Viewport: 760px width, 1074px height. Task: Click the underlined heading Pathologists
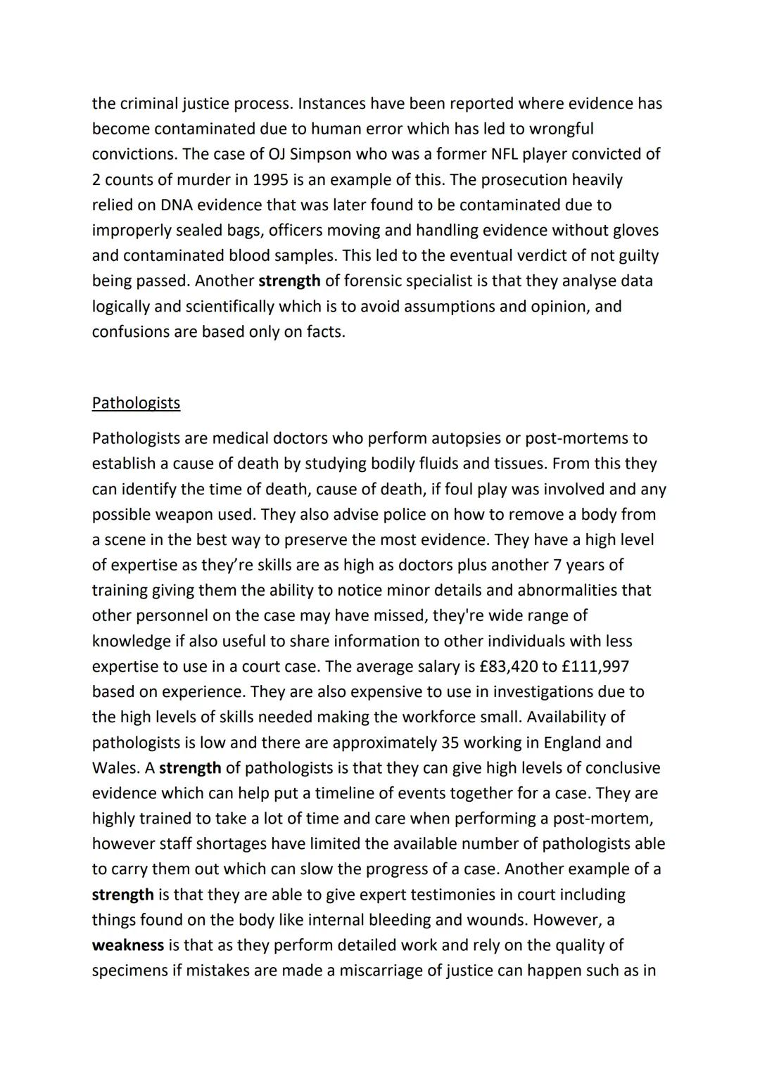pyautogui.click(x=136, y=403)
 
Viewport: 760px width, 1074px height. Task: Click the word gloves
pyautogui.click(x=634, y=230)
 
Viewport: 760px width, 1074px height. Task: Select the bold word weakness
pyautogui.click(x=127, y=945)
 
